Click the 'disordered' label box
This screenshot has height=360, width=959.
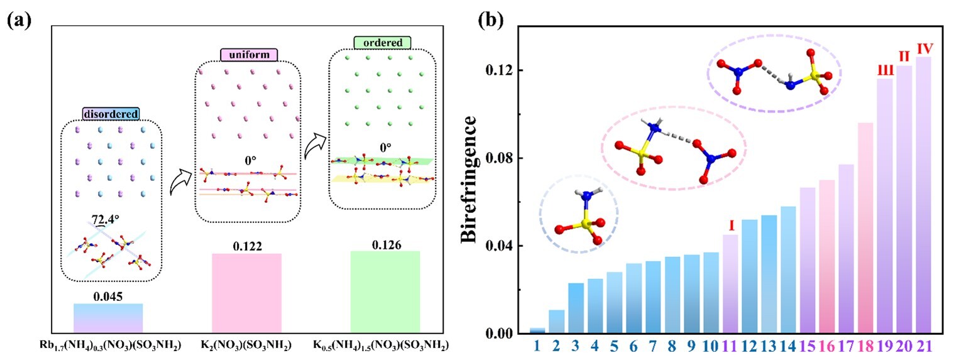pos(111,113)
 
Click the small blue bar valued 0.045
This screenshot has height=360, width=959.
pos(108,317)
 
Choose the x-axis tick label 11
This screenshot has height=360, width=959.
pos(731,346)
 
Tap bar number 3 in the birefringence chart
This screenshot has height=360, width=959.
pos(576,308)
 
